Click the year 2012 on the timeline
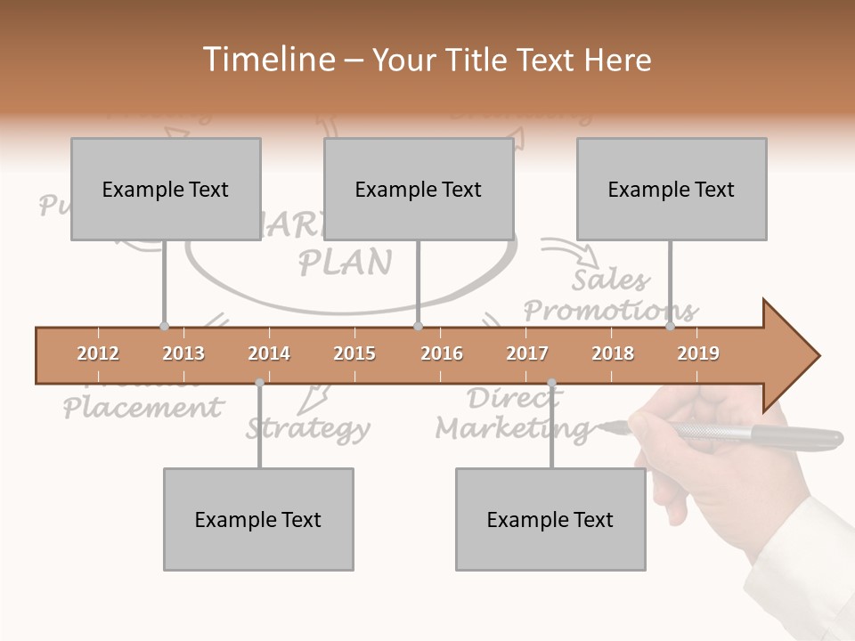(98, 353)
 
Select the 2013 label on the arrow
(183, 353)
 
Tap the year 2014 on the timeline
(269, 353)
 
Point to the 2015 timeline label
(354, 353)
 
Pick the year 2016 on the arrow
(442, 353)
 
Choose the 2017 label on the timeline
(527, 353)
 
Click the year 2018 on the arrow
(613, 353)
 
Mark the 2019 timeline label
(698, 353)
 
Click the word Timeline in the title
(265, 60)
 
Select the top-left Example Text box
(166, 189)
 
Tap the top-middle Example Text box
(419, 189)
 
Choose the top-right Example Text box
(672, 189)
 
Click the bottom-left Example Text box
(258, 519)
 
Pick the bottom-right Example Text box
(550, 519)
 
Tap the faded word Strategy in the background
(308, 428)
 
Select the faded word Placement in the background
(142, 408)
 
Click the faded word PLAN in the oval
(345, 262)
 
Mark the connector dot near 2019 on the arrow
(671, 327)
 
